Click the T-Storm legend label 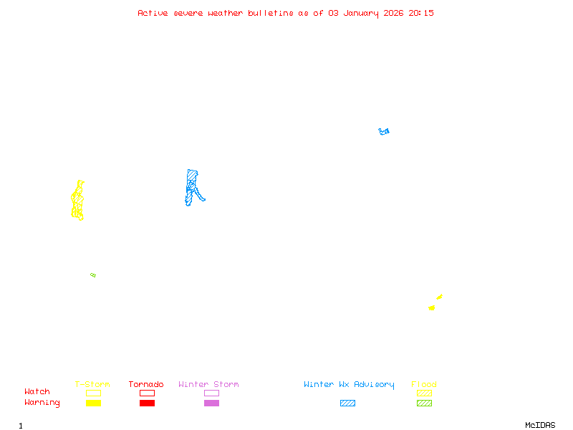[92, 385]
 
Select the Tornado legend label [146, 385]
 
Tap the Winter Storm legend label [208, 385]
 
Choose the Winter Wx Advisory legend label [349, 385]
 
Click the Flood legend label [424, 385]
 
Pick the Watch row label [37, 392]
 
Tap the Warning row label [42, 403]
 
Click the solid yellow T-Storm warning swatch [93, 403]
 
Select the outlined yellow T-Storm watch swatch [93, 393]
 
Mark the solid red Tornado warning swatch [147, 403]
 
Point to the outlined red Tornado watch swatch [147, 393]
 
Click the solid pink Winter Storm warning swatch [211, 403]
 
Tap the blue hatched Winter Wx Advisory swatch [347, 403]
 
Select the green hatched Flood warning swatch [424, 403]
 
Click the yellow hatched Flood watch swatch [424, 393]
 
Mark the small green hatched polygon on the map [93, 275]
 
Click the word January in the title [358, 13]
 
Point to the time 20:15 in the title [421, 13]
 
